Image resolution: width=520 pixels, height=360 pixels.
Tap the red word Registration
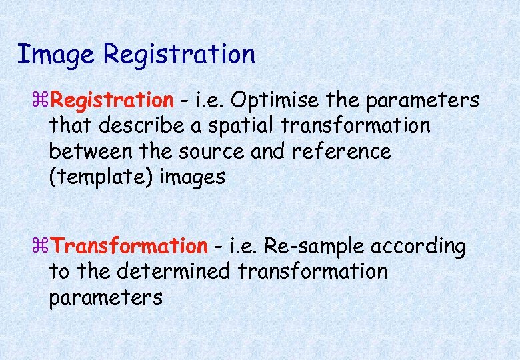112,101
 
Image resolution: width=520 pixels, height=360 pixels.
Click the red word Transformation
130,247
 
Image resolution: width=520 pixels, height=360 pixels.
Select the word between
91,151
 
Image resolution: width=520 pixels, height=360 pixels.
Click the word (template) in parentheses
101,177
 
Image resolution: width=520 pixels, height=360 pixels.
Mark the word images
192,177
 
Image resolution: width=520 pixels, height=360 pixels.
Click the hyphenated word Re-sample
314,247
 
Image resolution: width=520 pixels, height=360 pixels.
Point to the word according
419,247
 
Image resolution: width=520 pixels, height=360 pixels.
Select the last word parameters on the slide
105,298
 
